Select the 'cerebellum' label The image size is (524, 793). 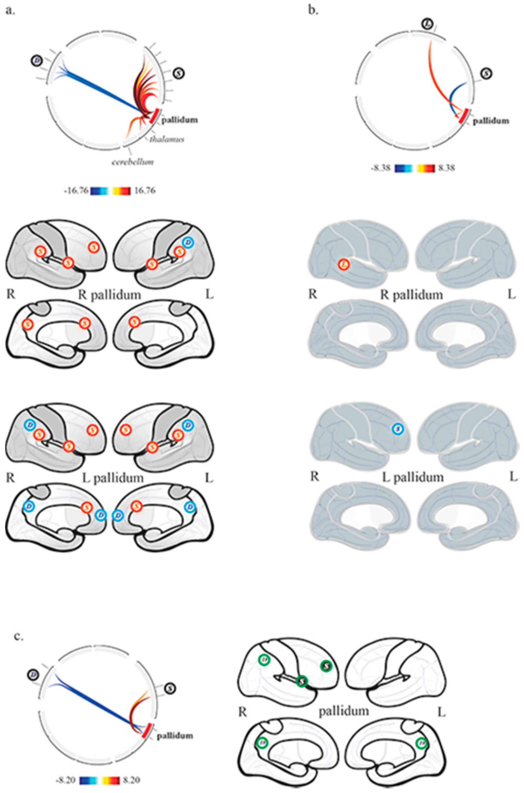[133, 162]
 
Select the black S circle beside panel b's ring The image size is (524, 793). [487, 74]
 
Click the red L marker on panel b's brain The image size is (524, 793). [344, 264]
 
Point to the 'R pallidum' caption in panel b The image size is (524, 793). [412, 295]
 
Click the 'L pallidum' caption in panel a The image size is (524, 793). [113, 478]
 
